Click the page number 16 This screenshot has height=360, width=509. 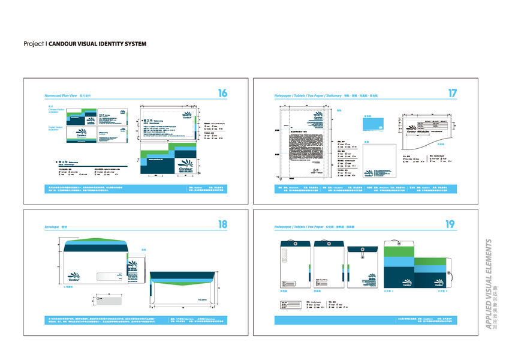pyautogui.click(x=222, y=93)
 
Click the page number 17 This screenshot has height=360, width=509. pyautogui.click(x=453, y=93)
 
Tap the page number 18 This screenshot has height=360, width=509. pyautogui.click(x=222, y=225)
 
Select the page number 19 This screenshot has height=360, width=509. pyautogui.click(x=450, y=225)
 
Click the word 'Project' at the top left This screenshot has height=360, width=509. pyautogui.click(x=34, y=44)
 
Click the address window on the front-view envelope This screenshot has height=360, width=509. pyautogui.click(x=109, y=277)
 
